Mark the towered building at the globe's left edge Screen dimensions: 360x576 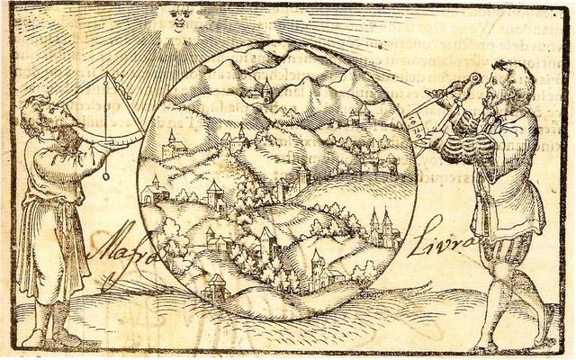171,144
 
